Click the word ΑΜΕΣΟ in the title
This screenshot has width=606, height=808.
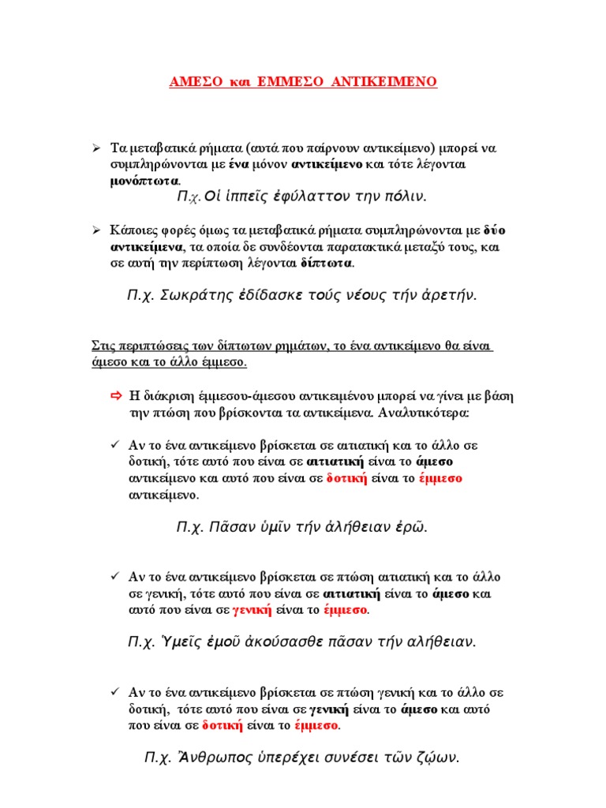197,81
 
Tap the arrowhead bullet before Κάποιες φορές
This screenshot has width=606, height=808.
95,230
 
